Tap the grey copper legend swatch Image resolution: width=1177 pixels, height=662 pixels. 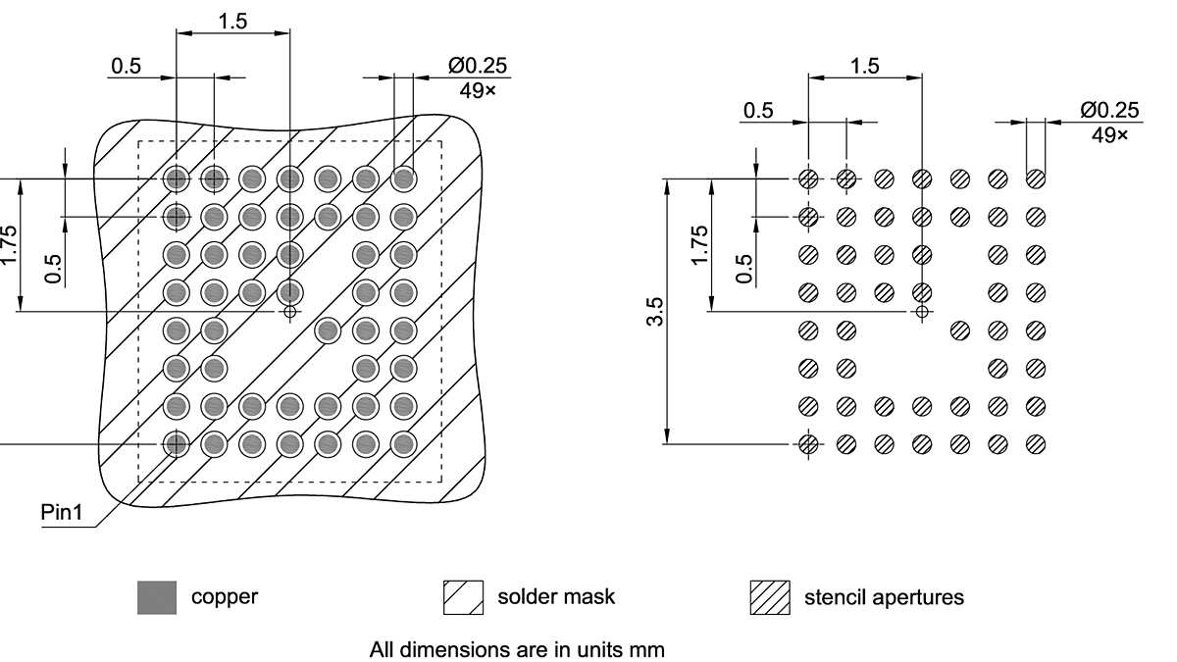157,597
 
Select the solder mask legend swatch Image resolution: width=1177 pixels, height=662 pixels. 464,597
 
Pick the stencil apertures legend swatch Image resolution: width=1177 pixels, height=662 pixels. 770,597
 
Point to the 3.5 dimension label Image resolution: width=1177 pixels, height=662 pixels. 655,311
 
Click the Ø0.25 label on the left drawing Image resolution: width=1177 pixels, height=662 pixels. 479,66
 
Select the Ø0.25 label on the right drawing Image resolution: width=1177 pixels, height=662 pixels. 1109,110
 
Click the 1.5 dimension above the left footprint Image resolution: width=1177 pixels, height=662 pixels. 232,22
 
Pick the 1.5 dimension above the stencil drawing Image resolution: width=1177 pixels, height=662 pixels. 864,66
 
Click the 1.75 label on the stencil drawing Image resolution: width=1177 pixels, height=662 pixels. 698,245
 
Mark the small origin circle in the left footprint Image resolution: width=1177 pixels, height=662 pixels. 289,312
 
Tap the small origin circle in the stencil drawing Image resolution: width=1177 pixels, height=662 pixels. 921,312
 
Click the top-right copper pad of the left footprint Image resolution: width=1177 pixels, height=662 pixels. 402,178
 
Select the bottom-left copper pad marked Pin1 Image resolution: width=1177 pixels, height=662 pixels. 177,444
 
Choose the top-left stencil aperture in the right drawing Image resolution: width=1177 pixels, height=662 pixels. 808,178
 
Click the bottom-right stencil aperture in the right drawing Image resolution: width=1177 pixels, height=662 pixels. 1035,444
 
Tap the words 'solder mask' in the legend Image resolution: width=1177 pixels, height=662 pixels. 556,596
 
